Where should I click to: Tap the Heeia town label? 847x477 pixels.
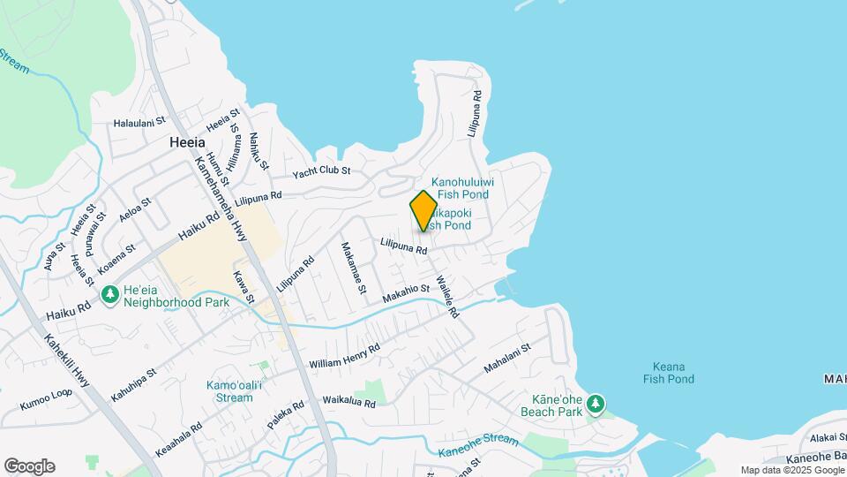tap(187, 142)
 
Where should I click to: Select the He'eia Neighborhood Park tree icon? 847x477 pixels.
tap(110, 294)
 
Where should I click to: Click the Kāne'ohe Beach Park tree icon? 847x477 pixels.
tap(596, 405)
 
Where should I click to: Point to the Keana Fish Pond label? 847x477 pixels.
tap(669, 373)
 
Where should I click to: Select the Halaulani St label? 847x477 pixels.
tap(139, 122)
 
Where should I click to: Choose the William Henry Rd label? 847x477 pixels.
tap(344, 356)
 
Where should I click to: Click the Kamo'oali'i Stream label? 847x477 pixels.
tap(216, 392)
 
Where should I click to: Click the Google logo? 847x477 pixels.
tap(29, 466)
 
